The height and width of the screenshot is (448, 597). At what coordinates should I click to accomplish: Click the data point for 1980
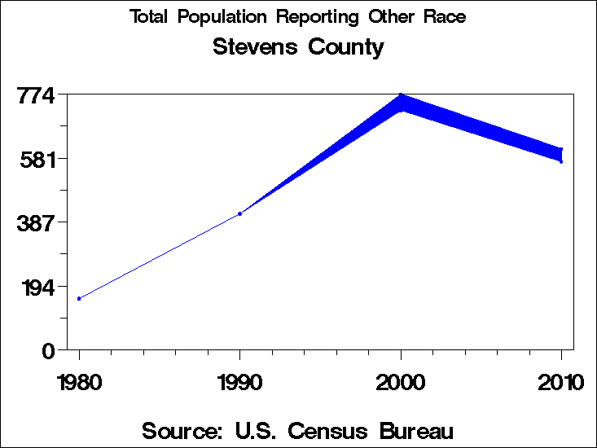79,298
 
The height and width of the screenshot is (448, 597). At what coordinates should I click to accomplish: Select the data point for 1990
239,213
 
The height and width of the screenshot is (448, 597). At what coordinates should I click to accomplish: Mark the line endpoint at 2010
561,155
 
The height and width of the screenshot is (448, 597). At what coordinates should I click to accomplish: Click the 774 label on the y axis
36,95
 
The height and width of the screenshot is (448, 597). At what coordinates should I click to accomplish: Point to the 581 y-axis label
36,159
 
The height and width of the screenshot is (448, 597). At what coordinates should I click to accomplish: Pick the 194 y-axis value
36,287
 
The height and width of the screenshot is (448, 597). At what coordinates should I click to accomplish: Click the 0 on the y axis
48,350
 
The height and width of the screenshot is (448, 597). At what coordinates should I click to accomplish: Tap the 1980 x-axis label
79,382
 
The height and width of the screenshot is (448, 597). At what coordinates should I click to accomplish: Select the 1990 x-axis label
239,382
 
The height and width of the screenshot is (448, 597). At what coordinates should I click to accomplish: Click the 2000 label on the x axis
401,382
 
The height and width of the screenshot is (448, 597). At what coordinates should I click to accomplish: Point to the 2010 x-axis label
561,382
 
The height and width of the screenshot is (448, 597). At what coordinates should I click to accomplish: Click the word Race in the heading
446,16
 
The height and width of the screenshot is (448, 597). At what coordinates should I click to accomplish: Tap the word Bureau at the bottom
413,430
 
